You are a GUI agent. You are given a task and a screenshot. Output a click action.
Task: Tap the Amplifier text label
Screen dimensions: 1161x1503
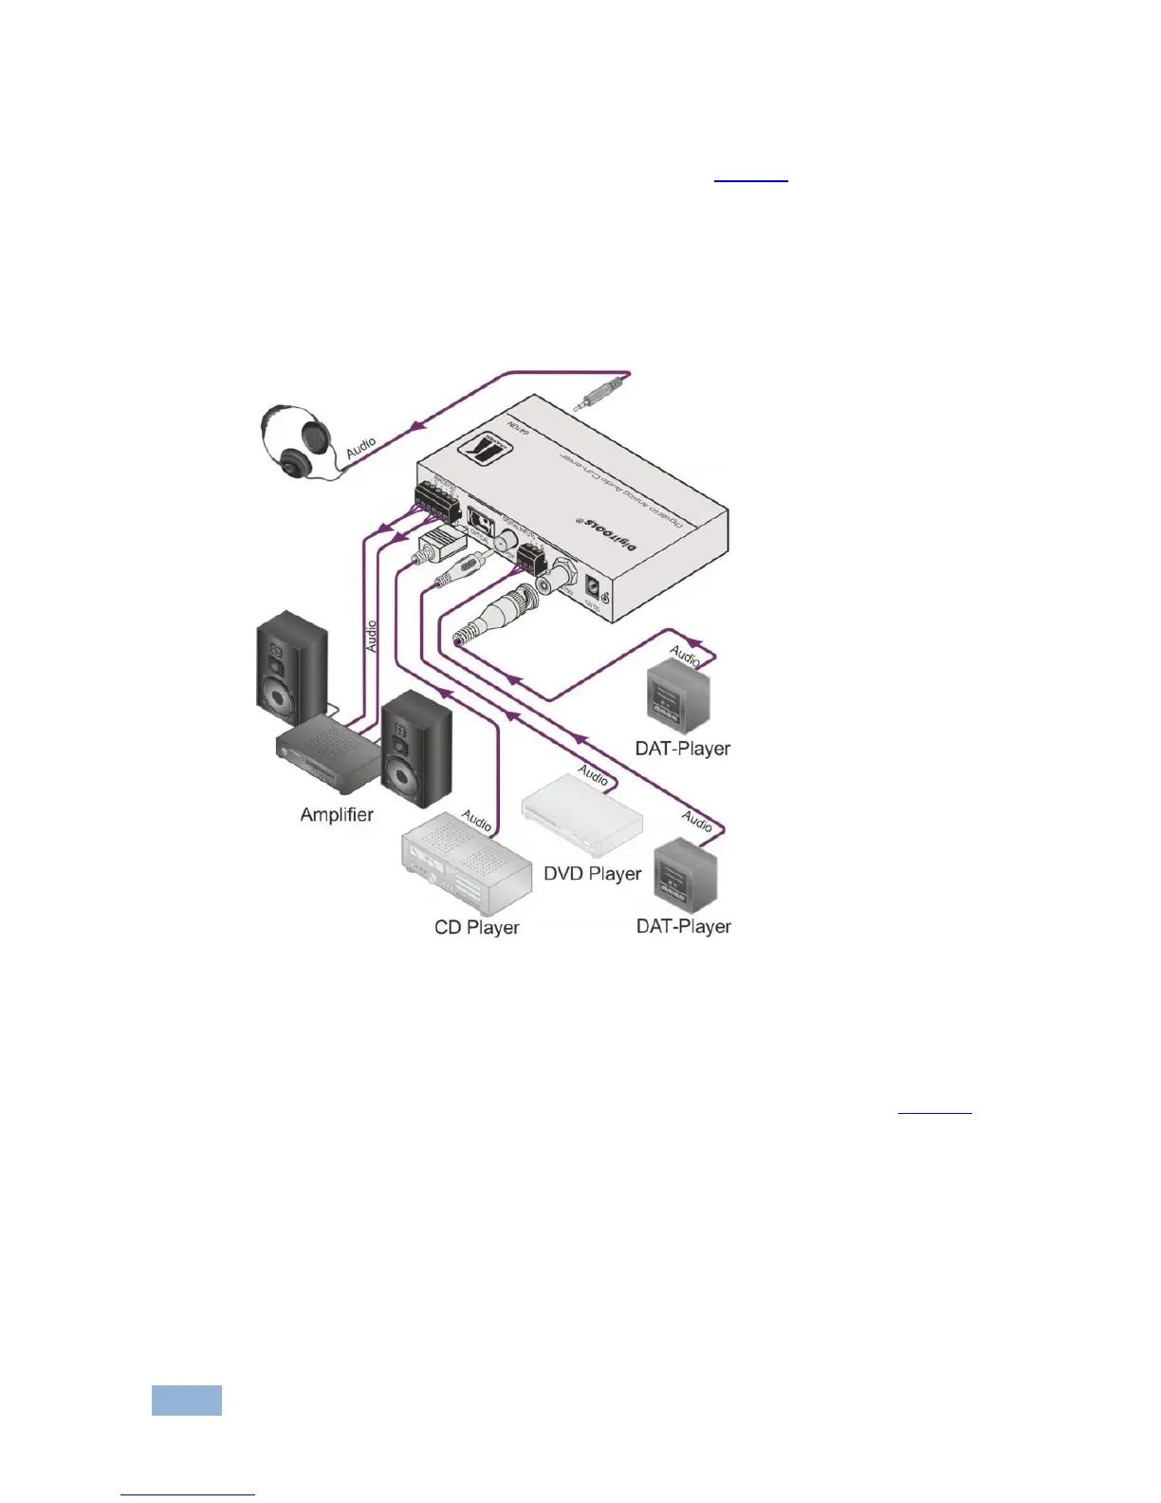coord(337,814)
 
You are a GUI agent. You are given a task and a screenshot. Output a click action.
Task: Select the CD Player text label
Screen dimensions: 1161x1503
coord(476,927)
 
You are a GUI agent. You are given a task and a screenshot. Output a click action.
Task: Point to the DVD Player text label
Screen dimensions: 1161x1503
coord(592,873)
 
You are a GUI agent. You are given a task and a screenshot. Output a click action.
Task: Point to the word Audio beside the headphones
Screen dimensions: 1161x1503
coord(360,448)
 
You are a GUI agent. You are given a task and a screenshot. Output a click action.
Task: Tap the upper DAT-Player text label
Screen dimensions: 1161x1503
coord(682,749)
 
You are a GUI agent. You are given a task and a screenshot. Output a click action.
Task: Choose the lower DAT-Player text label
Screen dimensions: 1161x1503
coord(683,926)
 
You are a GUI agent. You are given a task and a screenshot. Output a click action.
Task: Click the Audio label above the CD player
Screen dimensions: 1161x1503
coord(477,821)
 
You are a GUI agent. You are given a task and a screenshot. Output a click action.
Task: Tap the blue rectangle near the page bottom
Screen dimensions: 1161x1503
coord(187,1401)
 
